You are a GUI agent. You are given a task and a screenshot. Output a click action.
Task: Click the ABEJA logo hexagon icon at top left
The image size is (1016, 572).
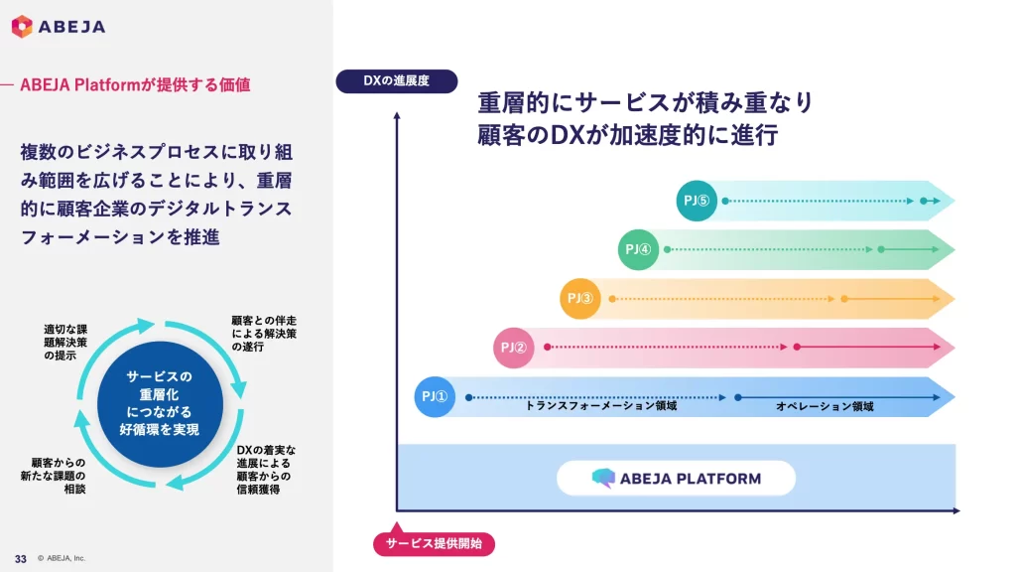(22, 27)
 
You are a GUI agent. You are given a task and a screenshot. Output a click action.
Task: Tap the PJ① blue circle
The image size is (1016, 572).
(435, 397)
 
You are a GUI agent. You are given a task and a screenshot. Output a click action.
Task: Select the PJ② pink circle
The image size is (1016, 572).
(514, 348)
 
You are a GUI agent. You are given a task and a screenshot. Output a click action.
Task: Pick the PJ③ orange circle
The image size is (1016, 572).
(580, 298)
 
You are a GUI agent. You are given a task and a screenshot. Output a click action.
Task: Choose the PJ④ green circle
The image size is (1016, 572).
(638, 249)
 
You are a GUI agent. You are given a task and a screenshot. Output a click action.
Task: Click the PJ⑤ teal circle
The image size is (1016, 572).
(697, 201)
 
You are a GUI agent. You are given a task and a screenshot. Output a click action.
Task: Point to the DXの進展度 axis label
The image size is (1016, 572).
(396, 80)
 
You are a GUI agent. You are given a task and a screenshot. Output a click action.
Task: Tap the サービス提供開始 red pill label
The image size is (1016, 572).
(434, 543)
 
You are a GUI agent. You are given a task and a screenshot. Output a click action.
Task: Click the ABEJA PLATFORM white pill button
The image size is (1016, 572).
(676, 478)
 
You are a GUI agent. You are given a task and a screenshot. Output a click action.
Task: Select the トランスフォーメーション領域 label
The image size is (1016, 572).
(600, 406)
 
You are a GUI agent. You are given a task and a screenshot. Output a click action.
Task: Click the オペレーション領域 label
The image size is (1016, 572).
(825, 406)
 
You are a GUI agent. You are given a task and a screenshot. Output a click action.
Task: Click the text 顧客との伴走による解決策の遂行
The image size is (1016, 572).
(264, 334)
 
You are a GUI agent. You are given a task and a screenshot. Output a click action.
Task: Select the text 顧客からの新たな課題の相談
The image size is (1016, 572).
(59, 476)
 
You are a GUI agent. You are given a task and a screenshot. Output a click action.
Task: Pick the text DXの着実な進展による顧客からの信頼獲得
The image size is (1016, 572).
(266, 470)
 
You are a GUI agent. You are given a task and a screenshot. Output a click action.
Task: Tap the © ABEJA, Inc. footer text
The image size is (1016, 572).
(62, 558)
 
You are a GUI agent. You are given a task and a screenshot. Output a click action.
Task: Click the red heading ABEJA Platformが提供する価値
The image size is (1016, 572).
(135, 85)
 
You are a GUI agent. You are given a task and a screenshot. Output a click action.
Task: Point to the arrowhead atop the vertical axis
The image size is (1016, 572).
(397, 115)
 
